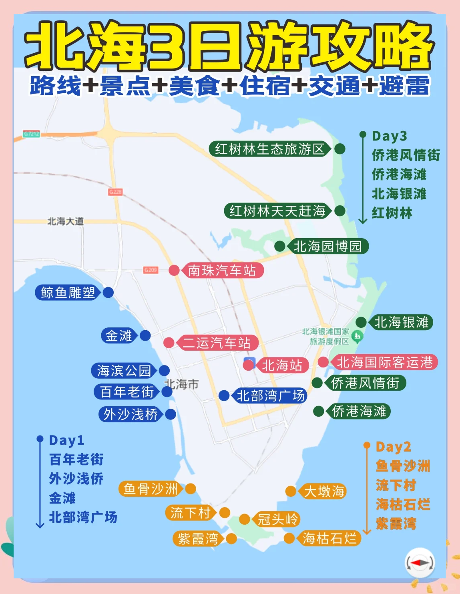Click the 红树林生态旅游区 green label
pos(269,149)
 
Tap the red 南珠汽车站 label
pos(223,271)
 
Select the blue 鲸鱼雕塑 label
pos(68,293)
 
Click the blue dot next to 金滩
pos(145,335)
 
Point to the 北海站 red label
pos(282,365)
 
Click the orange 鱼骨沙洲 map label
pos(151,489)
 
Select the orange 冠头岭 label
pos(277,520)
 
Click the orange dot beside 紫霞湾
pos(231,538)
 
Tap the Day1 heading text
pos(66,440)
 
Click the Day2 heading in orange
pos(393,447)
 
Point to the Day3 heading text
pos(389,136)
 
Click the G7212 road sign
pos(31,134)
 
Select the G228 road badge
pos(115,192)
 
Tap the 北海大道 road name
pos(65,221)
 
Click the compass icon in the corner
pos(420,563)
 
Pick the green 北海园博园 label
pos(327,246)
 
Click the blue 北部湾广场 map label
pos(271,396)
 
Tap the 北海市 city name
pos(182,384)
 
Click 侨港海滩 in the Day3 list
pos(399,174)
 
